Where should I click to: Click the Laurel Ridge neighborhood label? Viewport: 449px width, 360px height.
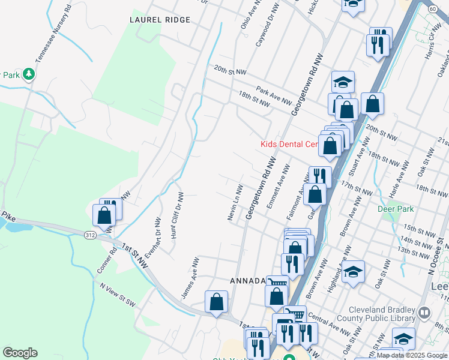[x=160, y=20]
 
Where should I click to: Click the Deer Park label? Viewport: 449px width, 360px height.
[x=396, y=209]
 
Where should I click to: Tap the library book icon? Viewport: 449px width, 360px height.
[x=424, y=313]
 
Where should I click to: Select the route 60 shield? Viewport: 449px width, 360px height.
[x=433, y=9]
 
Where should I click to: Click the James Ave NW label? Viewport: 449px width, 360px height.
[x=190, y=278]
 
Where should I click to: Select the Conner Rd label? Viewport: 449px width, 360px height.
[x=106, y=263]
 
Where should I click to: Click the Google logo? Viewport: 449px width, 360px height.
[x=20, y=353]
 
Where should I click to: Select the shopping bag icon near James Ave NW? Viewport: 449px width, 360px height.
[x=216, y=302]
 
